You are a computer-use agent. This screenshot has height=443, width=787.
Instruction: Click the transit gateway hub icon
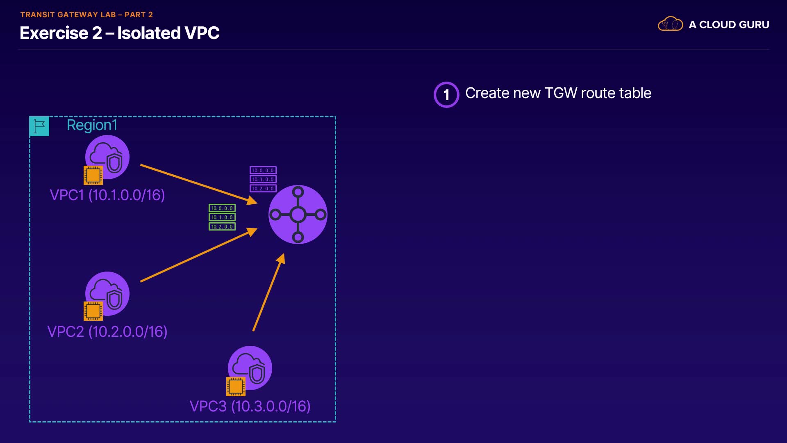pyautogui.click(x=298, y=215)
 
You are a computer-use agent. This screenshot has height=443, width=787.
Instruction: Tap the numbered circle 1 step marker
pyautogui.click(x=446, y=95)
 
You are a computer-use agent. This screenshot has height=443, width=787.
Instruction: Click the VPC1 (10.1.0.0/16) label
pyautogui.click(x=107, y=195)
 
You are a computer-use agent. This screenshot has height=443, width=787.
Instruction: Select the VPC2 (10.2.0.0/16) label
pyautogui.click(x=107, y=332)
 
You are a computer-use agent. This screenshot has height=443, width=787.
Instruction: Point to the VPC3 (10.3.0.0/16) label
pyautogui.click(x=250, y=406)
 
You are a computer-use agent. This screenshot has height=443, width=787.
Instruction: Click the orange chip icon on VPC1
pyautogui.click(x=93, y=175)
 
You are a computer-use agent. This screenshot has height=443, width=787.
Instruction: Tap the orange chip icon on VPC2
pyautogui.click(x=93, y=311)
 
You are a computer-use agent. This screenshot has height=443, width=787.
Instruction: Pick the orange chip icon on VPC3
pyautogui.click(x=236, y=386)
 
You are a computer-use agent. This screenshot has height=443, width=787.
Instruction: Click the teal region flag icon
pyautogui.click(x=39, y=126)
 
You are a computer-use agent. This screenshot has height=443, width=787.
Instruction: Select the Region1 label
pyautogui.click(x=92, y=125)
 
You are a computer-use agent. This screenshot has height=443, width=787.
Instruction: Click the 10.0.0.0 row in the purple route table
pyautogui.click(x=263, y=170)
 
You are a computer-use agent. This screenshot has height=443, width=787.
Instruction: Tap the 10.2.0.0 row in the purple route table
pyautogui.click(x=263, y=189)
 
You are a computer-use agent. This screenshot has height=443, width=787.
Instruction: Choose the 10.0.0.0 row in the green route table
pyautogui.click(x=222, y=208)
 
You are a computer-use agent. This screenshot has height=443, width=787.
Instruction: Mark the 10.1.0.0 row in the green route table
pyautogui.click(x=222, y=217)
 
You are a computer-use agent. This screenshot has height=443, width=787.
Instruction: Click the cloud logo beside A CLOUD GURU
pyautogui.click(x=670, y=24)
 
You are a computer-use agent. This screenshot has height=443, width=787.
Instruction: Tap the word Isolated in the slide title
pyautogui.click(x=148, y=33)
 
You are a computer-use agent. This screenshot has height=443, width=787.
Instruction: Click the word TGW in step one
pyautogui.click(x=561, y=94)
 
